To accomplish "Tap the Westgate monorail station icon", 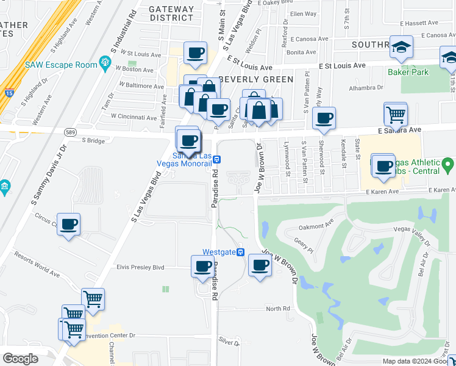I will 241,252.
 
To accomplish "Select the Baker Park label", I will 408,72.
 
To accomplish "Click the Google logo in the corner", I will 20,359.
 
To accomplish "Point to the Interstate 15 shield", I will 9,93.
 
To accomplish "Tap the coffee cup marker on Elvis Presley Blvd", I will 202,265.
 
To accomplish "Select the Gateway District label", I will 171,13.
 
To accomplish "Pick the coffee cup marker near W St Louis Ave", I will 195,52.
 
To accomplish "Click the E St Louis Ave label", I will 341,65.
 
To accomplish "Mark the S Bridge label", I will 93,140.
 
